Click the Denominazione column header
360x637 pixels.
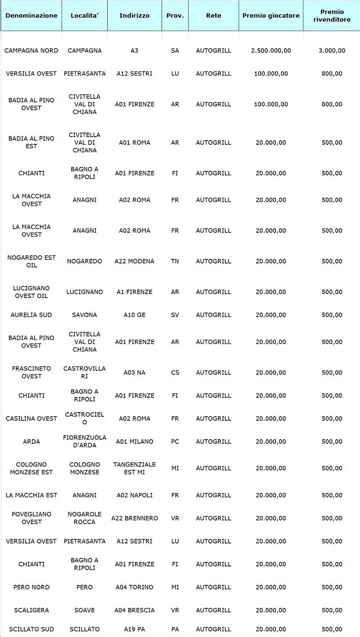coord(31,15)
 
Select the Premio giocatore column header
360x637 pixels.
coord(271,15)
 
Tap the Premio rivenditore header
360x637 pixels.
coord(332,15)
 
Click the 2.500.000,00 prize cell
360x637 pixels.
coord(271,51)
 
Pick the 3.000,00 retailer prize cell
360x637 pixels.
coord(332,51)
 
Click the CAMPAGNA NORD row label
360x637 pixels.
coord(31,51)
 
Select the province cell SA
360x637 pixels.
coord(175,51)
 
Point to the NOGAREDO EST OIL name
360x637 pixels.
coord(31,261)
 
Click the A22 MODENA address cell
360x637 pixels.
coord(134,261)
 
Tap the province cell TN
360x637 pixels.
coord(175,261)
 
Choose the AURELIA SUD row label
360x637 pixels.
coord(31,315)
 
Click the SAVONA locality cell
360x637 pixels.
coord(84,315)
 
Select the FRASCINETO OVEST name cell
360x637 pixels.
coord(31,372)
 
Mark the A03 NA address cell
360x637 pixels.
coord(134,373)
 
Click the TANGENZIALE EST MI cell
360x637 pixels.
coord(134,468)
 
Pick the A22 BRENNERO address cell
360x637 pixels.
coord(134,518)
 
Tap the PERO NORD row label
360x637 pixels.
coord(31,587)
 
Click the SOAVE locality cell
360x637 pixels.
coord(84,610)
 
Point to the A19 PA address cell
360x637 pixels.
coord(134,629)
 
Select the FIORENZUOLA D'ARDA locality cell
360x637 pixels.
coord(84,441)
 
